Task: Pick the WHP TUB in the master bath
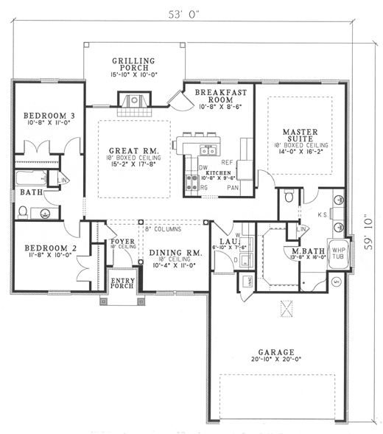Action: (337, 253)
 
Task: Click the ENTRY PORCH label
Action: (122, 282)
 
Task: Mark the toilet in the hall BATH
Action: (23, 212)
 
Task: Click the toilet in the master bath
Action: (289, 196)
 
